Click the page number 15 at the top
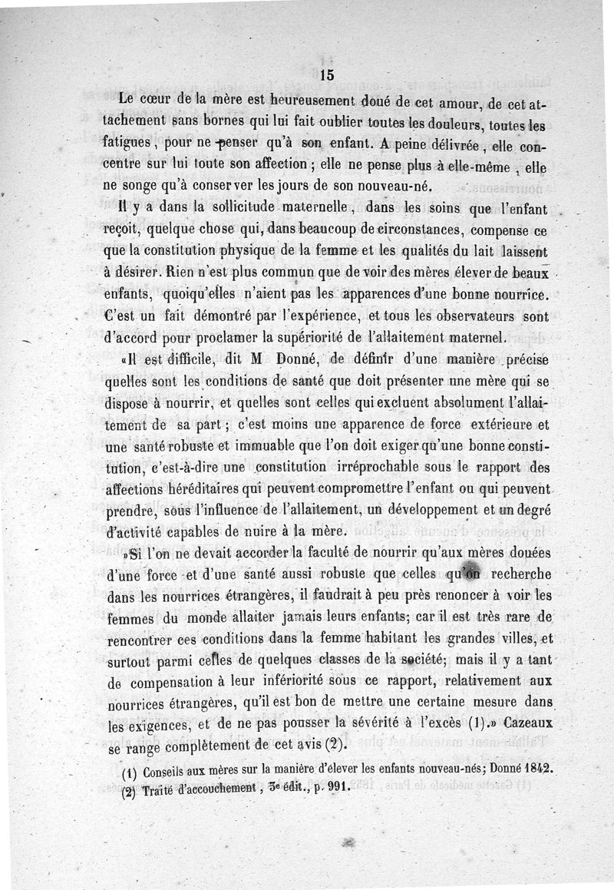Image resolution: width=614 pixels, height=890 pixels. [x=325, y=74]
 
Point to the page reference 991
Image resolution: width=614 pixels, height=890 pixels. [x=332, y=787]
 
